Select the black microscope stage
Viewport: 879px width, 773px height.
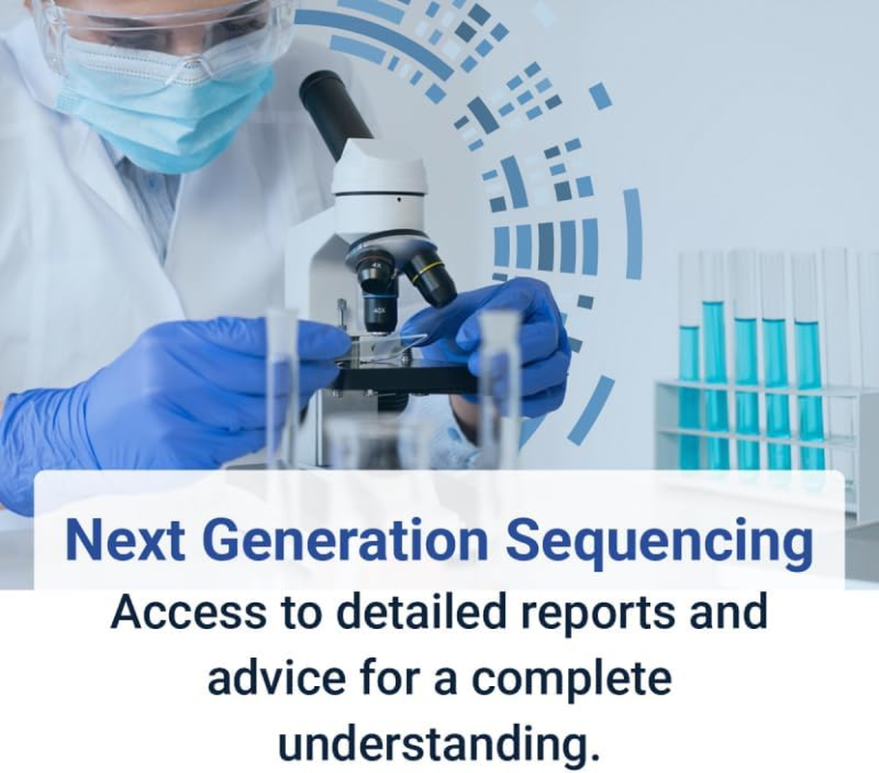(x=406, y=377)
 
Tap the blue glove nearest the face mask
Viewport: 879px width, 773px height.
(x=145, y=386)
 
